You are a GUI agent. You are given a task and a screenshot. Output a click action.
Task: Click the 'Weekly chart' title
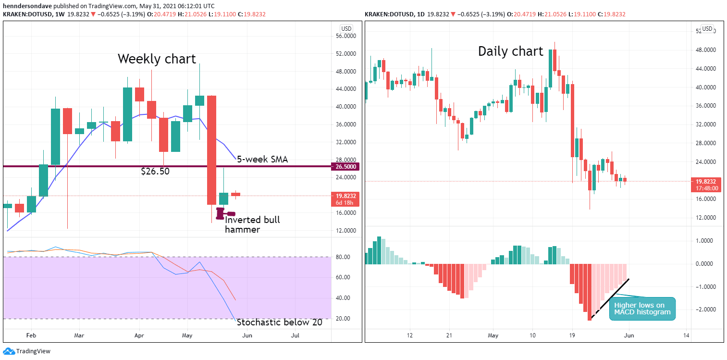157,59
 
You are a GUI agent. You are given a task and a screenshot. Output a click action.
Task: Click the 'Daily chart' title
510,51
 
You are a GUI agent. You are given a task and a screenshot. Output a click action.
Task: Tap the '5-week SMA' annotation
262,160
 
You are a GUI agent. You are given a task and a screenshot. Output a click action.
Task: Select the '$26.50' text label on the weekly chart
155,171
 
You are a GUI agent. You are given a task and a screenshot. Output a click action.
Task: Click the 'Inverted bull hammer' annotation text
252,224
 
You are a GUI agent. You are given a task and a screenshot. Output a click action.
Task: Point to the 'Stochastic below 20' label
280,322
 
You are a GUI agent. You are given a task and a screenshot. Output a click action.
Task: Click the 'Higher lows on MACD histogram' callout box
642,309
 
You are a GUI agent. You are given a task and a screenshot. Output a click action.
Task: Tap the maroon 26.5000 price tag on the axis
345,166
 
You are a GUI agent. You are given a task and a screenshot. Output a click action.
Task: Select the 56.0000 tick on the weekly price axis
345,36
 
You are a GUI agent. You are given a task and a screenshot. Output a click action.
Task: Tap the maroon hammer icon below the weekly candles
225,213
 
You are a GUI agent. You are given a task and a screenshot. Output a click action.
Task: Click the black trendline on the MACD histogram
610,298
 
